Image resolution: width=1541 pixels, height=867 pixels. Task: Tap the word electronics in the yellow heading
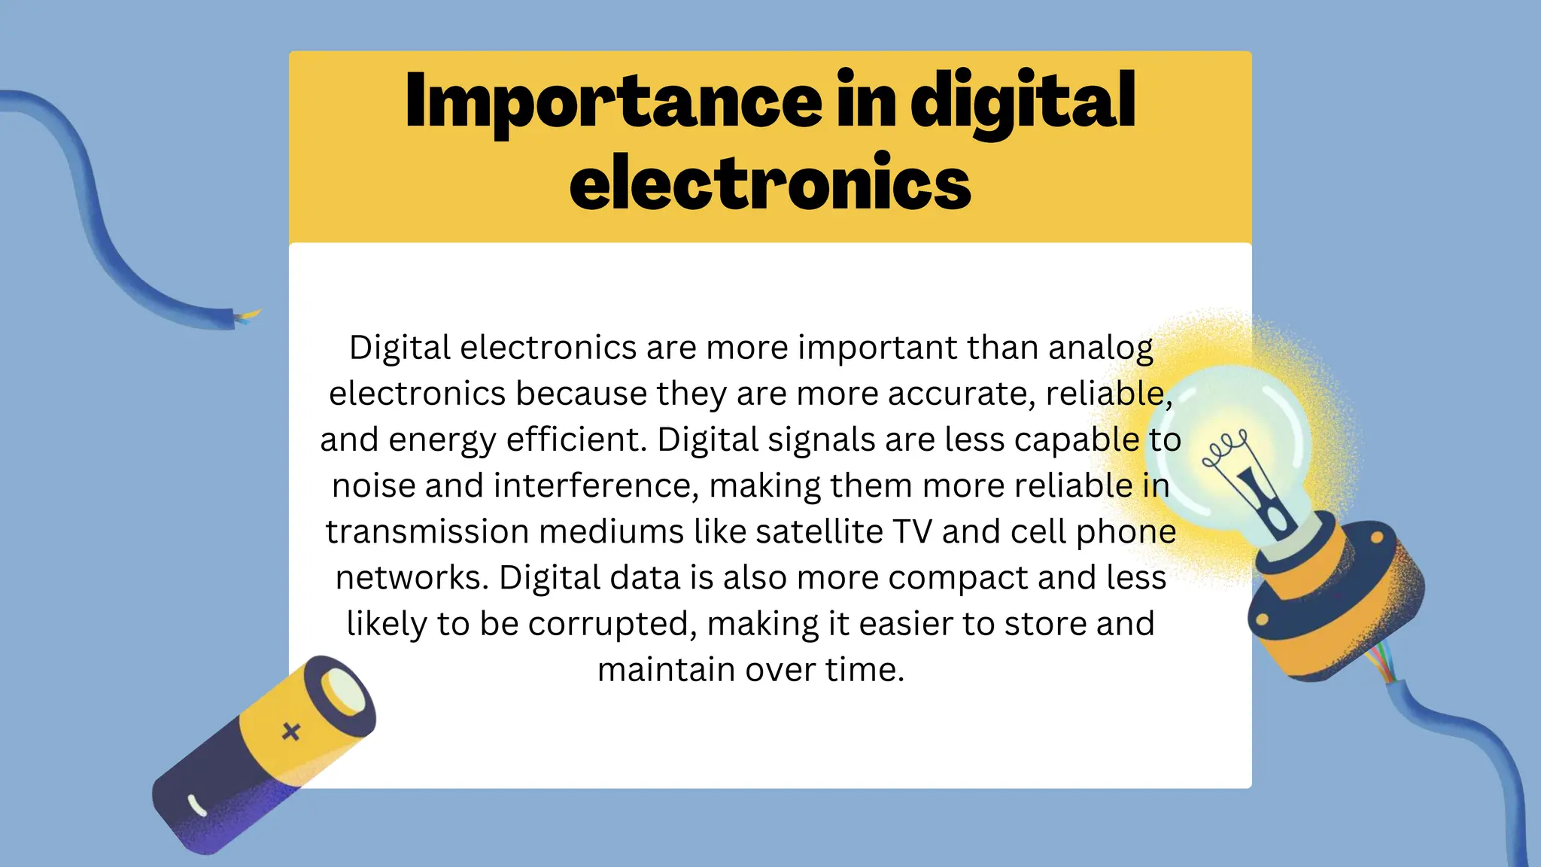click(770, 183)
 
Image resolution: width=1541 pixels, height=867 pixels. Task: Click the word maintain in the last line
click(666, 670)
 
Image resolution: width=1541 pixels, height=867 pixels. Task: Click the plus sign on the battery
click(291, 731)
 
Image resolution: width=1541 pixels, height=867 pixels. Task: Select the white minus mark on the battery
click(197, 805)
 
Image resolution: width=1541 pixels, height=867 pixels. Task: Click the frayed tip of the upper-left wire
click(248, 316)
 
